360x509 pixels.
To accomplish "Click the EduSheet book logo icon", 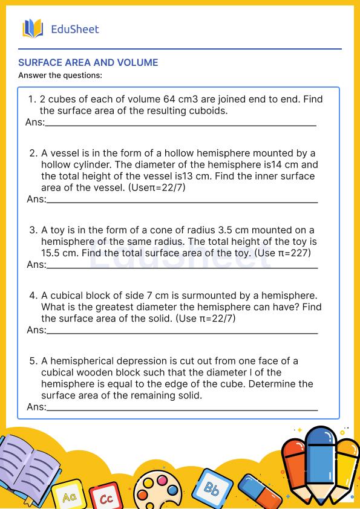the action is pyautogui.click(x=33, y=28).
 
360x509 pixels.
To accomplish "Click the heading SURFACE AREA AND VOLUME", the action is pyautogui.click(x=88, y=62).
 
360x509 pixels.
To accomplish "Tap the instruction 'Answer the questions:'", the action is pyautogui.click(x=60, y=76).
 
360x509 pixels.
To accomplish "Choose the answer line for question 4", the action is pyautogui.click(x=182, y=332).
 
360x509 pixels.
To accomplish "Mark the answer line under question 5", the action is pyautogui.click(x=182, y=409).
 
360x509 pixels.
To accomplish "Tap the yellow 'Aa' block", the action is pyautogui.click(x=67, y=496).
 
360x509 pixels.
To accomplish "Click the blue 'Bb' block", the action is pyautogui.click(x=212, y=488).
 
